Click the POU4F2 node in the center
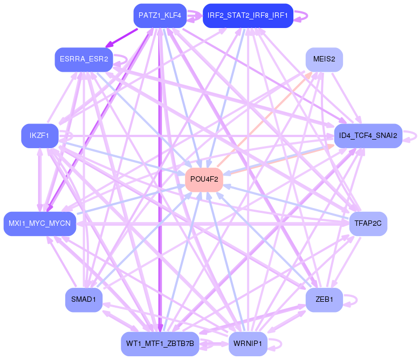coord(204,179)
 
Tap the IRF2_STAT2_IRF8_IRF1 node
coord(248,16)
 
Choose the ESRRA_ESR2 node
coord(84,59)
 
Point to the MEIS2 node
coord(324,59)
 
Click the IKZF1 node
coord(39,136)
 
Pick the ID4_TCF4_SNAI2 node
coord(368,136)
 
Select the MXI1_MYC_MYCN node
coord(40,223)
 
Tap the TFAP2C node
coord(368,223)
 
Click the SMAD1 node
coord(84,300)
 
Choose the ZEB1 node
coord(324,300)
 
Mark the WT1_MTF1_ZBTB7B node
coord(160,343)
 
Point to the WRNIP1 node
coord(248,343)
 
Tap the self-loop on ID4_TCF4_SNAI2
coord(413,136)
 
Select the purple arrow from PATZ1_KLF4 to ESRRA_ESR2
coord(123,37)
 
